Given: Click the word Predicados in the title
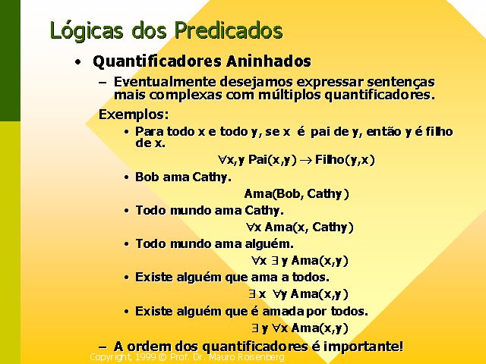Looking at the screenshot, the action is [229, 30].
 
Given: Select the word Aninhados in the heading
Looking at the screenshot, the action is [268, 61].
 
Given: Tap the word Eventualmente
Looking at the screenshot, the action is [164, 82].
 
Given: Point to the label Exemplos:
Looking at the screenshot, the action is [134, 115].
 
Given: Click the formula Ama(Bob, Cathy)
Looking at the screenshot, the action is [297, 194].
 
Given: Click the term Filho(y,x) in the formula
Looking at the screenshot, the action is [345, 160].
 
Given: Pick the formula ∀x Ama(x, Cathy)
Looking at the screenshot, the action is [300, 227].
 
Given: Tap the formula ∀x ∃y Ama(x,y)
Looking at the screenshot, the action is [300, 261].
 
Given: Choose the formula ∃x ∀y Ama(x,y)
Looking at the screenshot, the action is [298, 293].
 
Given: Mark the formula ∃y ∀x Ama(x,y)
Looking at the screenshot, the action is [300, 328].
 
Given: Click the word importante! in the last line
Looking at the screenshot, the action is [363, 347].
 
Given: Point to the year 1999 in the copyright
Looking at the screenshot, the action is [145, 357].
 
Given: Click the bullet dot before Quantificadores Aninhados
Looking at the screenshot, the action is [78, 62].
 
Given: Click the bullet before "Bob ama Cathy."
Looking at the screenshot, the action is [126, 177].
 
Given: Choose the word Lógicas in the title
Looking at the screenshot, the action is [86, 30].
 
